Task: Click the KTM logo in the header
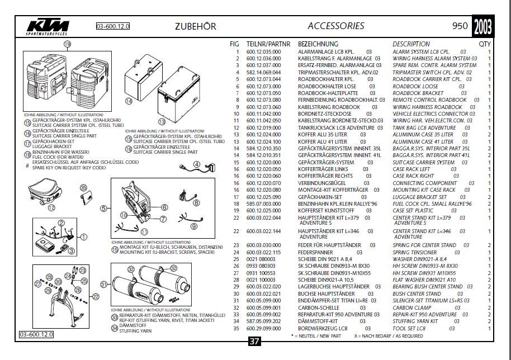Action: [x=48, y=27]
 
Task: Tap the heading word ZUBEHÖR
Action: [x=193, y=26]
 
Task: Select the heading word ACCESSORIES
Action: [x=335, y=26]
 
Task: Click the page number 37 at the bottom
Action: [x=254, y=342]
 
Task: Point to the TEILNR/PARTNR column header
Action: [x=268, y=44]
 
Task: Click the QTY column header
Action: [x=485, y=44]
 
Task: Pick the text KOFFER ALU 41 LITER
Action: [x=323, y=141]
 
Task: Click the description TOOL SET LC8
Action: [x=409, y=328]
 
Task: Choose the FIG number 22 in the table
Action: [x=236, y=217]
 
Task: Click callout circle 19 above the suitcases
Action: [x=67, y=44]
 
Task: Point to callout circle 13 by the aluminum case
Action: [x=162, y=121]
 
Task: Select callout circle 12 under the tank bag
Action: [x=51, y=207]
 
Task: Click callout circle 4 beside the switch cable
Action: [x=197, y=164]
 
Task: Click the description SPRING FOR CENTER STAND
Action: [x=424, y=245]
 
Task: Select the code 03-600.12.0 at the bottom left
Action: [x=36, y=334]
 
